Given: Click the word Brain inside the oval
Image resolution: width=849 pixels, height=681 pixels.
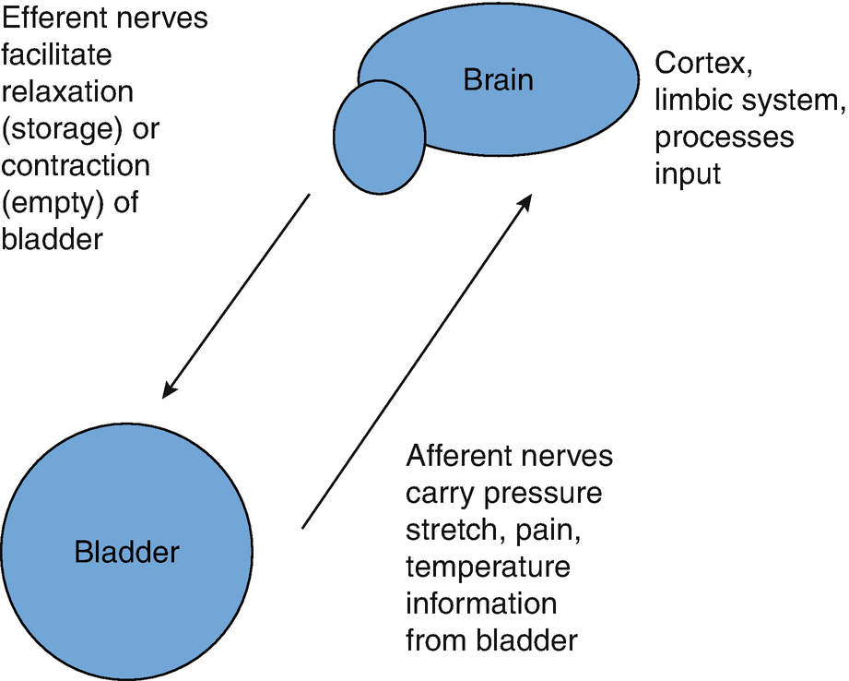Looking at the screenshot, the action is (498, 79).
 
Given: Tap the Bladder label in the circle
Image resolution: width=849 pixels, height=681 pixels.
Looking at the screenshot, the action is (126, 552).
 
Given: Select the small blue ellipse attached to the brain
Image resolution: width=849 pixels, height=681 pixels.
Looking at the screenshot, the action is (379, 137).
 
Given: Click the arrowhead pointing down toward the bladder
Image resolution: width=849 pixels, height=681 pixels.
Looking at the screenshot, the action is (170, 389).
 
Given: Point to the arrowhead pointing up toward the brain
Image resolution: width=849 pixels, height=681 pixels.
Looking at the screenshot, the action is (525, 203).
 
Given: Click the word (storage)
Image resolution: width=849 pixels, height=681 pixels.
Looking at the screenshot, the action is (62, 129).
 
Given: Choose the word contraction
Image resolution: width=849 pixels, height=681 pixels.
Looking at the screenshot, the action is (76, 166).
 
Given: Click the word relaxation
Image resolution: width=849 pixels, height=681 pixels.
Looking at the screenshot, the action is (67, 91).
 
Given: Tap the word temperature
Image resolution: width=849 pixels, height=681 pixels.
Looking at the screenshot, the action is (489, 567).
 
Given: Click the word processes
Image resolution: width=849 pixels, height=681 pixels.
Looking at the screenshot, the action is (725, 137).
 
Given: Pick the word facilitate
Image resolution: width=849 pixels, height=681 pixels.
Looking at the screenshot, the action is (57, 54).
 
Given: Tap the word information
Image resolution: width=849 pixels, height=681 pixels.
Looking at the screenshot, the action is (481, 603).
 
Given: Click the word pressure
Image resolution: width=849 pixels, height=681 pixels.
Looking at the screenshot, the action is (543, 495).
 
